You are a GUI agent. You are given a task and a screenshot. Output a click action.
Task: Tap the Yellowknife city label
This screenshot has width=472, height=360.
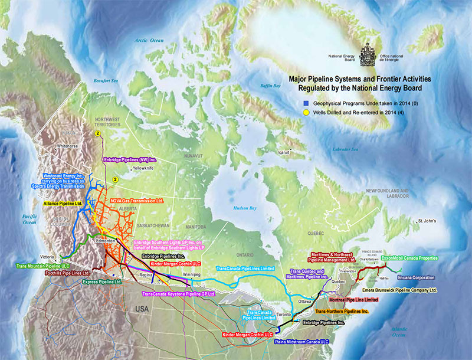[x=144, y=168]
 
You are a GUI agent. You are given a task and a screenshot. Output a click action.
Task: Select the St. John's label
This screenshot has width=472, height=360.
[x=428, y=221]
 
